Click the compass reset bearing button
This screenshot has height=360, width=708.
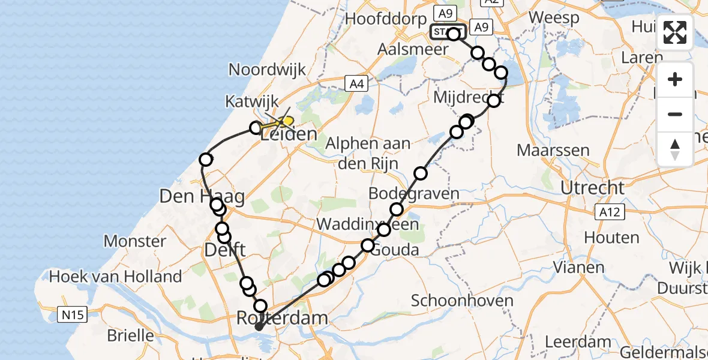675,149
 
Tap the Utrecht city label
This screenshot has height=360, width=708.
592,188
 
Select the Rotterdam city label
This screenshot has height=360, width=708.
283,317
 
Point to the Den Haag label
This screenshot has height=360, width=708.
193,196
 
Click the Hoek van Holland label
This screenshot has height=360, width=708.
116,277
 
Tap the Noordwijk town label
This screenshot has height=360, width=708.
267,70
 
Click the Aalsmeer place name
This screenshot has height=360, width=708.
413,49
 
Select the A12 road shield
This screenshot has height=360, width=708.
611,211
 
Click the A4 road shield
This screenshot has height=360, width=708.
356,84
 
